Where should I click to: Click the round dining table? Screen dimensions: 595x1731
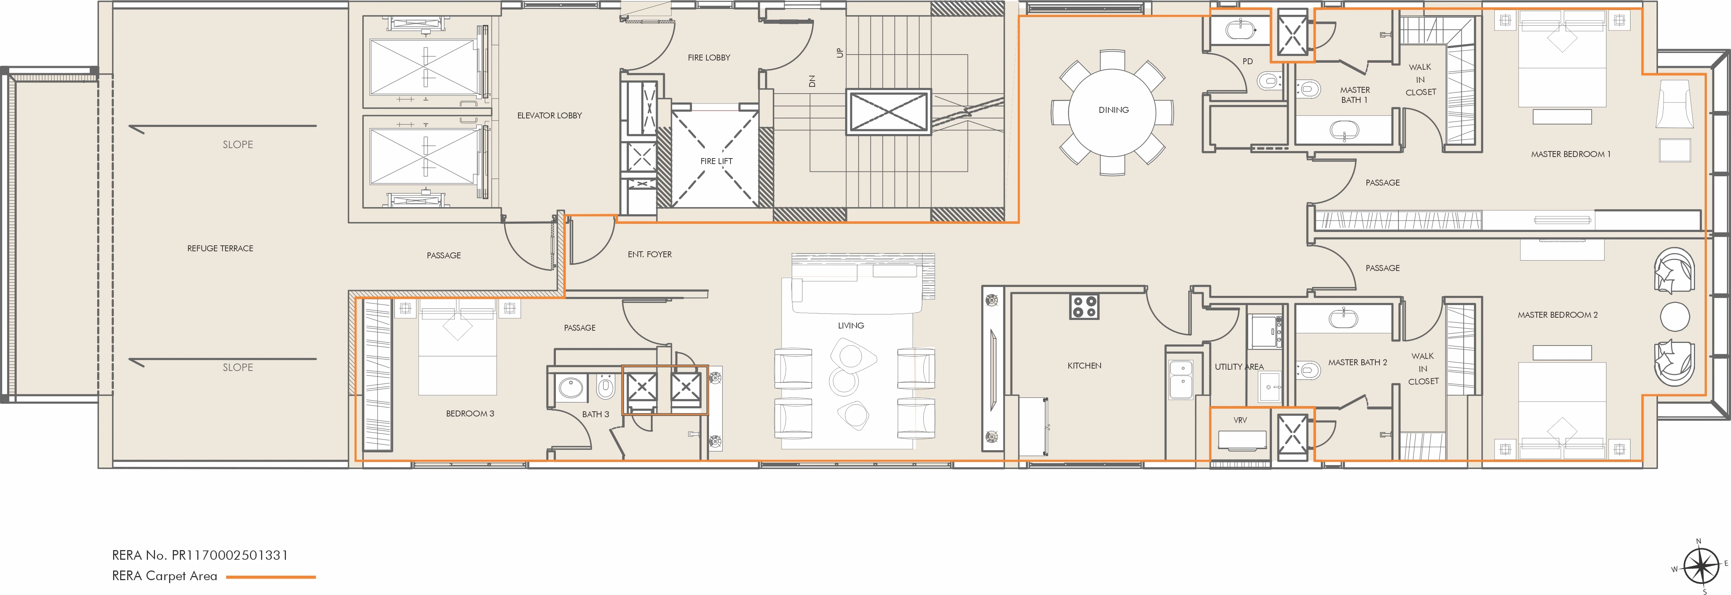(1113, 111)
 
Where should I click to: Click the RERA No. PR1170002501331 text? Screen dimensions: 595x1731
(200, 555)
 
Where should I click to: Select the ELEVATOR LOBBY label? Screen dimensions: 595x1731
(549, 116)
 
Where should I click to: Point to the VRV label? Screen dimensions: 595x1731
(1240, 420)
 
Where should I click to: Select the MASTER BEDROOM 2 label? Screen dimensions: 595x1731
(1557, 315)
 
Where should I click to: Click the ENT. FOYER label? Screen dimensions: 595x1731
(649, 255)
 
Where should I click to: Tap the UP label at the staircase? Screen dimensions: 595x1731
(839, 52)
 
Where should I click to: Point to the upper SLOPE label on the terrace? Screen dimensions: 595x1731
(238, 144)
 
